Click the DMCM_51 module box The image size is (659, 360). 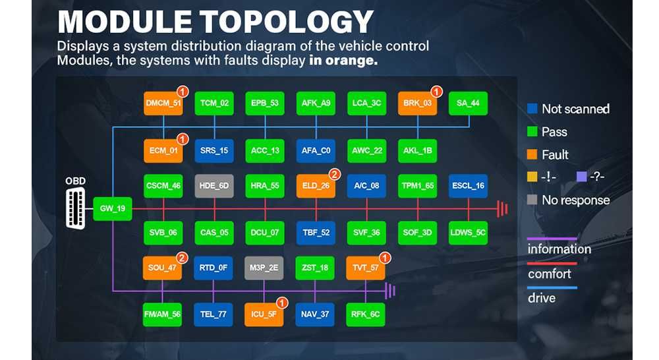pyautogui.click(x=163, y=104)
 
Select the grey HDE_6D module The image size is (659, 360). pyautogui.click(x=214, y=186)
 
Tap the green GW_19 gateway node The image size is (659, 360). pyautogui.click(x=112, y=208)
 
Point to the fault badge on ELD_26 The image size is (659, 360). pyautogui.click(x=335, y=174)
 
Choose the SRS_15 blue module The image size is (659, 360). pyautogui.click(x=214, y=150)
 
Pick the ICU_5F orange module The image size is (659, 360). pyautogui.click(x=264, y=315)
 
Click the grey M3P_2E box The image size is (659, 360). pyautogui.click(x=264, y=268)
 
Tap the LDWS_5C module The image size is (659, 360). pyautogui.click(x=468, y=233)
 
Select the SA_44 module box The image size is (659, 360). pyautogui.click(x=468, y=104)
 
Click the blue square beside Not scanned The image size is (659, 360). pyautogui.click(x=532, y=109)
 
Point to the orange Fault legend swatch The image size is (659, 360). pyautogui.click(x=532, y=154)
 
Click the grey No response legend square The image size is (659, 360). pyautogui.click(x=532, y=200)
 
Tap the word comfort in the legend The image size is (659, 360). pyautogui.click(x=550, y=274)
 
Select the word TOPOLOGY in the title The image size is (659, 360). pyautogui.click(x=286, y=22)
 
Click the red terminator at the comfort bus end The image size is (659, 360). pyautogui.click(x=503, y=208)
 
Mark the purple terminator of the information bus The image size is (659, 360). pyautogui.click(x=390, y=291)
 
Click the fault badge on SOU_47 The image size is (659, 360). pyautogui.click(x=182, y=258)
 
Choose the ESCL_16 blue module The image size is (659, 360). pyautogui.click(x=468, y=186)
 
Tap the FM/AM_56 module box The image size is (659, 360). pyautogui.click(x=162, y=315)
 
